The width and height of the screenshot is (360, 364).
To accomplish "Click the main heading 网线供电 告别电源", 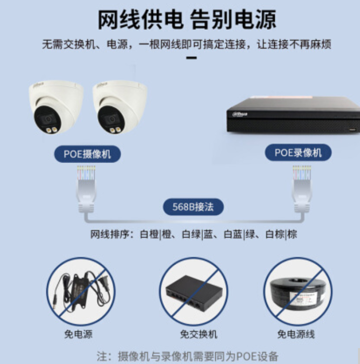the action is tap(187, 20).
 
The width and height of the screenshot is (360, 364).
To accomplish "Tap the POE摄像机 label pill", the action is tap(87, 154).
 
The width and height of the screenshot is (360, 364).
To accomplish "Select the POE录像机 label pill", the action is tap(298, 153).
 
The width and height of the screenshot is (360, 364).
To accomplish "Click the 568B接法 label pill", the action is tap(193, 206).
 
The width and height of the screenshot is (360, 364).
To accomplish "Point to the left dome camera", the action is tap(56, 107).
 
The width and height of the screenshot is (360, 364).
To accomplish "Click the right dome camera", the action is tap(120, 107).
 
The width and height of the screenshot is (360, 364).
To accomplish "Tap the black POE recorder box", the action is tap(293, 115).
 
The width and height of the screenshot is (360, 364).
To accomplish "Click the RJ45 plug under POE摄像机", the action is tap(86, 188).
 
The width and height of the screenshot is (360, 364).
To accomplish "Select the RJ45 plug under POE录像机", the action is tap(302, 188).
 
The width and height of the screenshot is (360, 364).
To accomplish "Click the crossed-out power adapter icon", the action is tap(81, 291).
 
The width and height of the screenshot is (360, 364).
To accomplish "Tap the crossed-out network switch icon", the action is tap(194, 291).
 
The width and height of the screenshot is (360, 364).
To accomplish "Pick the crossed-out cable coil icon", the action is tap(298, 291).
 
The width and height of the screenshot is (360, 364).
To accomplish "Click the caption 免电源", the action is tap(78, 334).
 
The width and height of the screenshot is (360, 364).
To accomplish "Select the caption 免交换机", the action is tap(199, 334).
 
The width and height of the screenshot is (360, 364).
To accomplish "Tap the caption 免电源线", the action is tap(296, 334).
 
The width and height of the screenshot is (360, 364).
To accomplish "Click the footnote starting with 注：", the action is tap(187, 356).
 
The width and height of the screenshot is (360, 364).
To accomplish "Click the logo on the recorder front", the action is tap(240, 114).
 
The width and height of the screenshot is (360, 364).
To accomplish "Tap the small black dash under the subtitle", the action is tap(192, 58).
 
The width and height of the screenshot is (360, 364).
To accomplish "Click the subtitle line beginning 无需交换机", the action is tap(187, 44).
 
